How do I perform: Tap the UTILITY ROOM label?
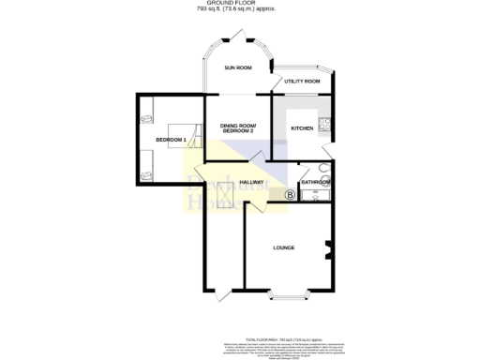pyautogui.click(x=302, y=82)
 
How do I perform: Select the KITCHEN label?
pyautogui.click(x=302, y=127)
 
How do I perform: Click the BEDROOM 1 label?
pyautogui.click(x=171, y=140)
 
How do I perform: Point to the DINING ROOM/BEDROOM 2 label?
pyautogui.click(x=238, y=130)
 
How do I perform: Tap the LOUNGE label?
pyautogui.click(x=283, y=247)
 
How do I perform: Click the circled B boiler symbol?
pyautogui.click(x=289, y=195)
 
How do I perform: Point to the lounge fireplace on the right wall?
pyautogui.click(x=328, y=248)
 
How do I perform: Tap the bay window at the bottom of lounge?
pyautogui.click(x=285, y=298)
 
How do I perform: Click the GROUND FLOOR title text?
pyautogui.click(x=239, y=4)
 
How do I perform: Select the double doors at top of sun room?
pyautogui.click(x=239, y=38)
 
